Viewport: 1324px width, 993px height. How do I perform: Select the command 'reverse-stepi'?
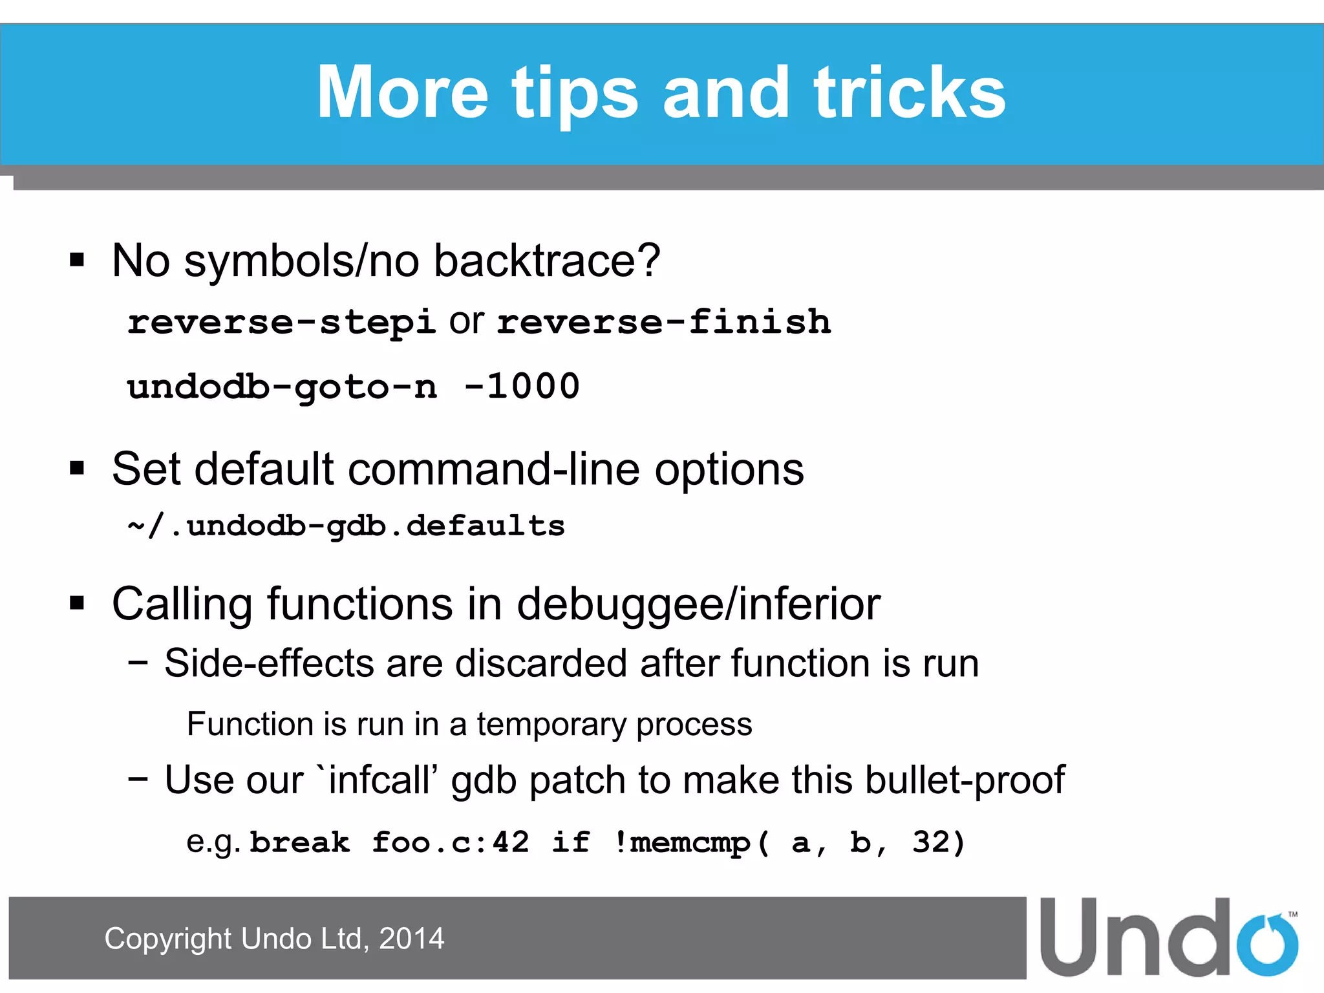point(281,322)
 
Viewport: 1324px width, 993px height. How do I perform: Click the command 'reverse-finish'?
point(664,322)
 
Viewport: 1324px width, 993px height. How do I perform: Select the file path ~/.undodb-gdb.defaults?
point(347,526)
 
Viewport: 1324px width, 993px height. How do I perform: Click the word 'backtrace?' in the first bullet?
point(547,261)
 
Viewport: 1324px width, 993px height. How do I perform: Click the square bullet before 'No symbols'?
point(78,261)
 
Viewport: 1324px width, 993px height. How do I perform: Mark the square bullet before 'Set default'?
point(78,468)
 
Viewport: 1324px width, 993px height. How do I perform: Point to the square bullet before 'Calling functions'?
point(78,604)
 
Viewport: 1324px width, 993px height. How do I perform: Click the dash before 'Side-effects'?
point(138,663)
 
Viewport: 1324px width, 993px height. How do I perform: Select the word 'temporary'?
point(550,724)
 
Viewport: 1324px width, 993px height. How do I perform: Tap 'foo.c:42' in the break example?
point(450,842)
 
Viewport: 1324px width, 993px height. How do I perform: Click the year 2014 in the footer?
point(411,939)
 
